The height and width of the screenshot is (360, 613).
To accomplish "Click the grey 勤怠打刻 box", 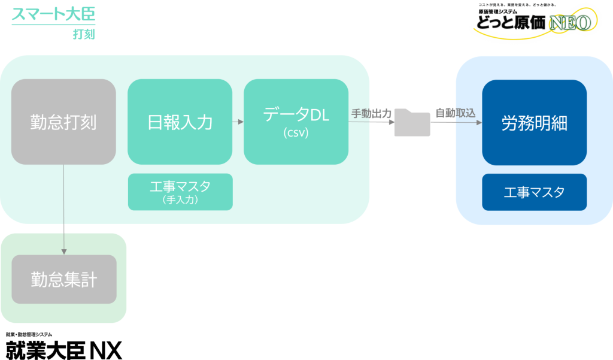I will pos(63,122).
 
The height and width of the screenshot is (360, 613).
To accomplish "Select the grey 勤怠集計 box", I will pos(64,279).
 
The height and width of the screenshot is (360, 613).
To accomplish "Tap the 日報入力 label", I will pos(180,122).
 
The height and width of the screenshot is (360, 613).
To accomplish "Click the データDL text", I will pos(296,114).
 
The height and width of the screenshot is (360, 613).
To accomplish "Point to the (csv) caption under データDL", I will pos(296,133).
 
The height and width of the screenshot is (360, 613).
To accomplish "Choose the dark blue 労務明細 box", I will pos(534,123).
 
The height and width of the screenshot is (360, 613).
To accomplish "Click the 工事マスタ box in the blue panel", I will pos(534,192).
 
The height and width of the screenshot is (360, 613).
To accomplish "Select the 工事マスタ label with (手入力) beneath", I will pos(180,186).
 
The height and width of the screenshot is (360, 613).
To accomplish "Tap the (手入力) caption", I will pos(180,201).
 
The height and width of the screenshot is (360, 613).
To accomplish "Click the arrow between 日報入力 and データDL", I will pos(238,122).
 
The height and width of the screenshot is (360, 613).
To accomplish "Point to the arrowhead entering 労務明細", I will pos(479,123).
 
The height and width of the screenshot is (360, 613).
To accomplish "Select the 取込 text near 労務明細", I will pos(465,113).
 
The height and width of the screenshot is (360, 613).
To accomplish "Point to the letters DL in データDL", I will pos(320,114).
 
